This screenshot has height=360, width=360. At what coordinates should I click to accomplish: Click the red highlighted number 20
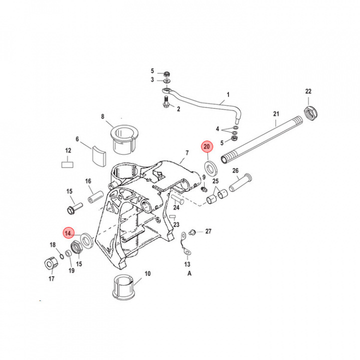[207, 146]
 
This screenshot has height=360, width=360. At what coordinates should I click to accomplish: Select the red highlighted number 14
[67, 233]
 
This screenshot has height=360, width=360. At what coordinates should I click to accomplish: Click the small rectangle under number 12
[67, 163]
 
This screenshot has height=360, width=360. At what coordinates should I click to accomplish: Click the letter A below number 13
[189, 273]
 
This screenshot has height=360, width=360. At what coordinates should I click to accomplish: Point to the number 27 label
[208, 231]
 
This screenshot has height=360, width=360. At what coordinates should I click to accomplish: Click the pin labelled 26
[240, 183]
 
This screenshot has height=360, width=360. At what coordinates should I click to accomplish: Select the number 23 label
[176, 224]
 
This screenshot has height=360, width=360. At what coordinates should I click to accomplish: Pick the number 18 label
[52, 244]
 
